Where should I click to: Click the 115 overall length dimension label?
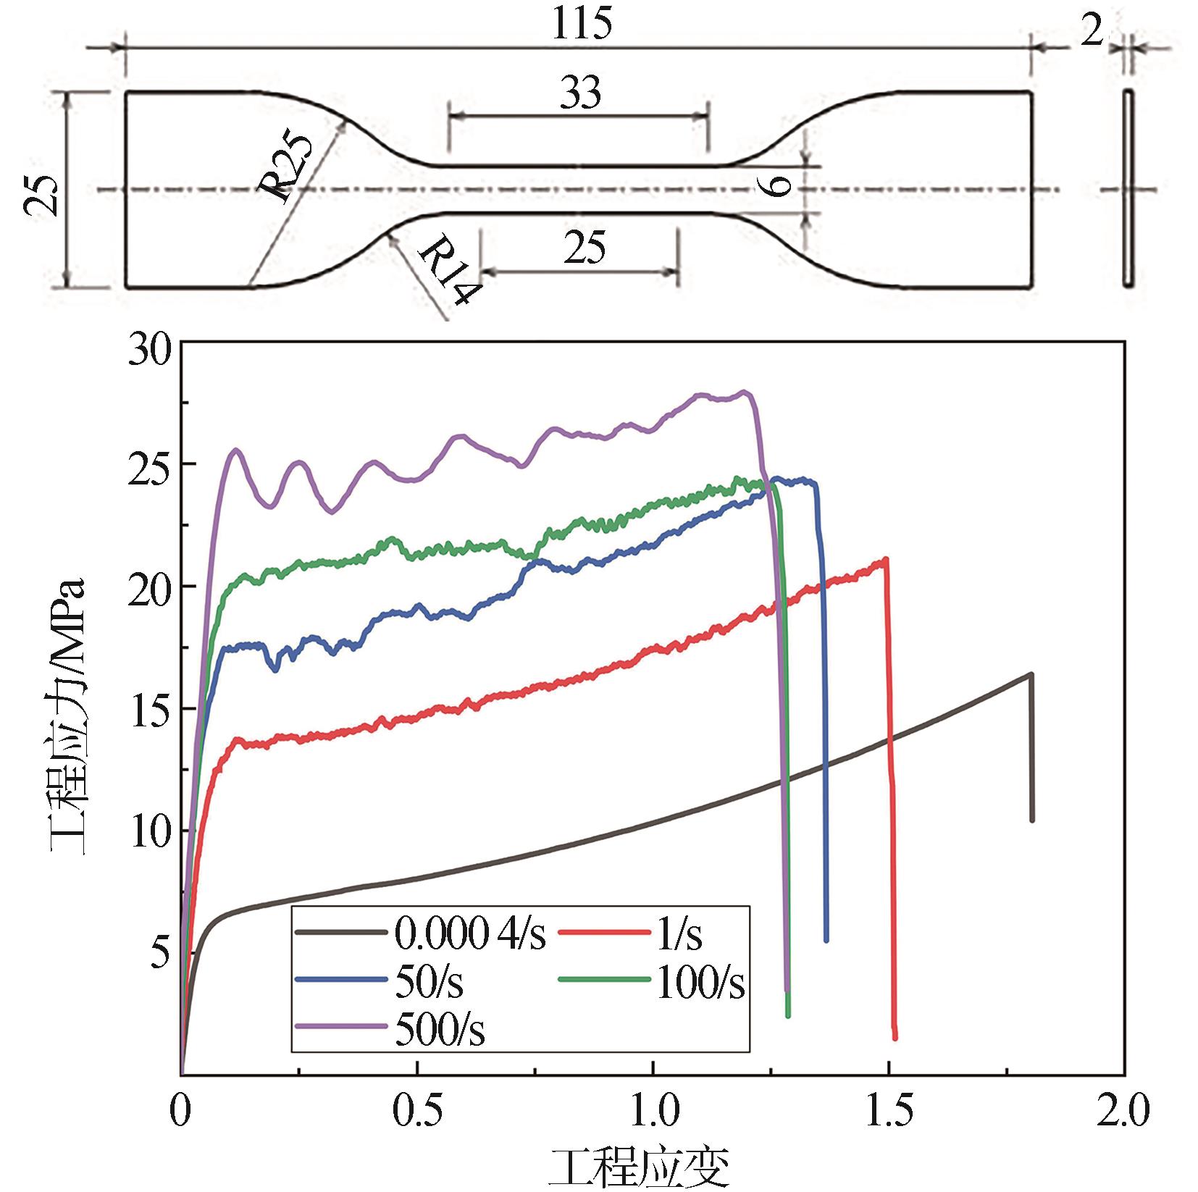[581, 25]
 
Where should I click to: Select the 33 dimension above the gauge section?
[581, 94]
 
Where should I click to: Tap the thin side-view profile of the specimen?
[1128, 189]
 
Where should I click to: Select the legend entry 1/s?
[678, 933]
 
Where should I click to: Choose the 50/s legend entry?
[430, 982]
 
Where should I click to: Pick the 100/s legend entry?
[700, 982]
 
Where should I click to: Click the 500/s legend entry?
[440, 1030]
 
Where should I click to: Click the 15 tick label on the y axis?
[148, 708]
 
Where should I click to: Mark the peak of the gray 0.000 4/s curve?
[1030, 674]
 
